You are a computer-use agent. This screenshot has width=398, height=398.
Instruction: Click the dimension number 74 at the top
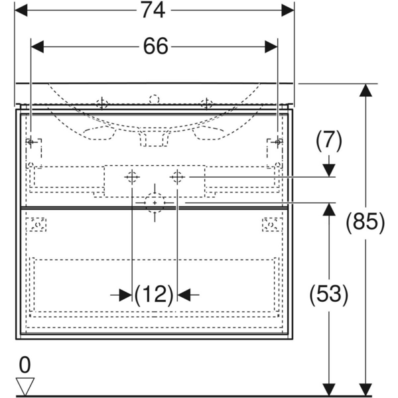[x=154, y=10]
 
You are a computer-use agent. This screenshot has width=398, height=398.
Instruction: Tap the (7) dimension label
[x=328, y=141]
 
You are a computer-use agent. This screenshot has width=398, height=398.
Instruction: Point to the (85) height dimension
[x=365, y=222]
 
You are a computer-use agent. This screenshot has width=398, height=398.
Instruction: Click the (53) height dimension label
[x=328, y=294]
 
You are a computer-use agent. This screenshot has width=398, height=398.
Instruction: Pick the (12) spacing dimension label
[x=154, y=294]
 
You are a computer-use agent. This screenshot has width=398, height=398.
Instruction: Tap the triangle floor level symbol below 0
[x=25, y=385]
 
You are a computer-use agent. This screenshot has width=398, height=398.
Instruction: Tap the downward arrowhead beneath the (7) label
[x=328, y=170]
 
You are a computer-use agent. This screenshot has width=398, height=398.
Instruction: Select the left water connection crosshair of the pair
[x=132, y=177]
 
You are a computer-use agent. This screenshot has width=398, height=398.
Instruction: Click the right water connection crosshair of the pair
[x=177, y=177]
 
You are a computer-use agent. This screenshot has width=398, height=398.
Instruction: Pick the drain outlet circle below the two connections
[x=155, y=202]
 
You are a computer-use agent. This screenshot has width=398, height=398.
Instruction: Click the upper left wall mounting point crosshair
[x=31, y=141]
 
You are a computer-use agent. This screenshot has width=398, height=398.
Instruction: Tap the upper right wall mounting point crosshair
[x=278, y=141]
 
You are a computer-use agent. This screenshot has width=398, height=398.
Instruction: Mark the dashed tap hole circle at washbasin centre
[x=154, y=100]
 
